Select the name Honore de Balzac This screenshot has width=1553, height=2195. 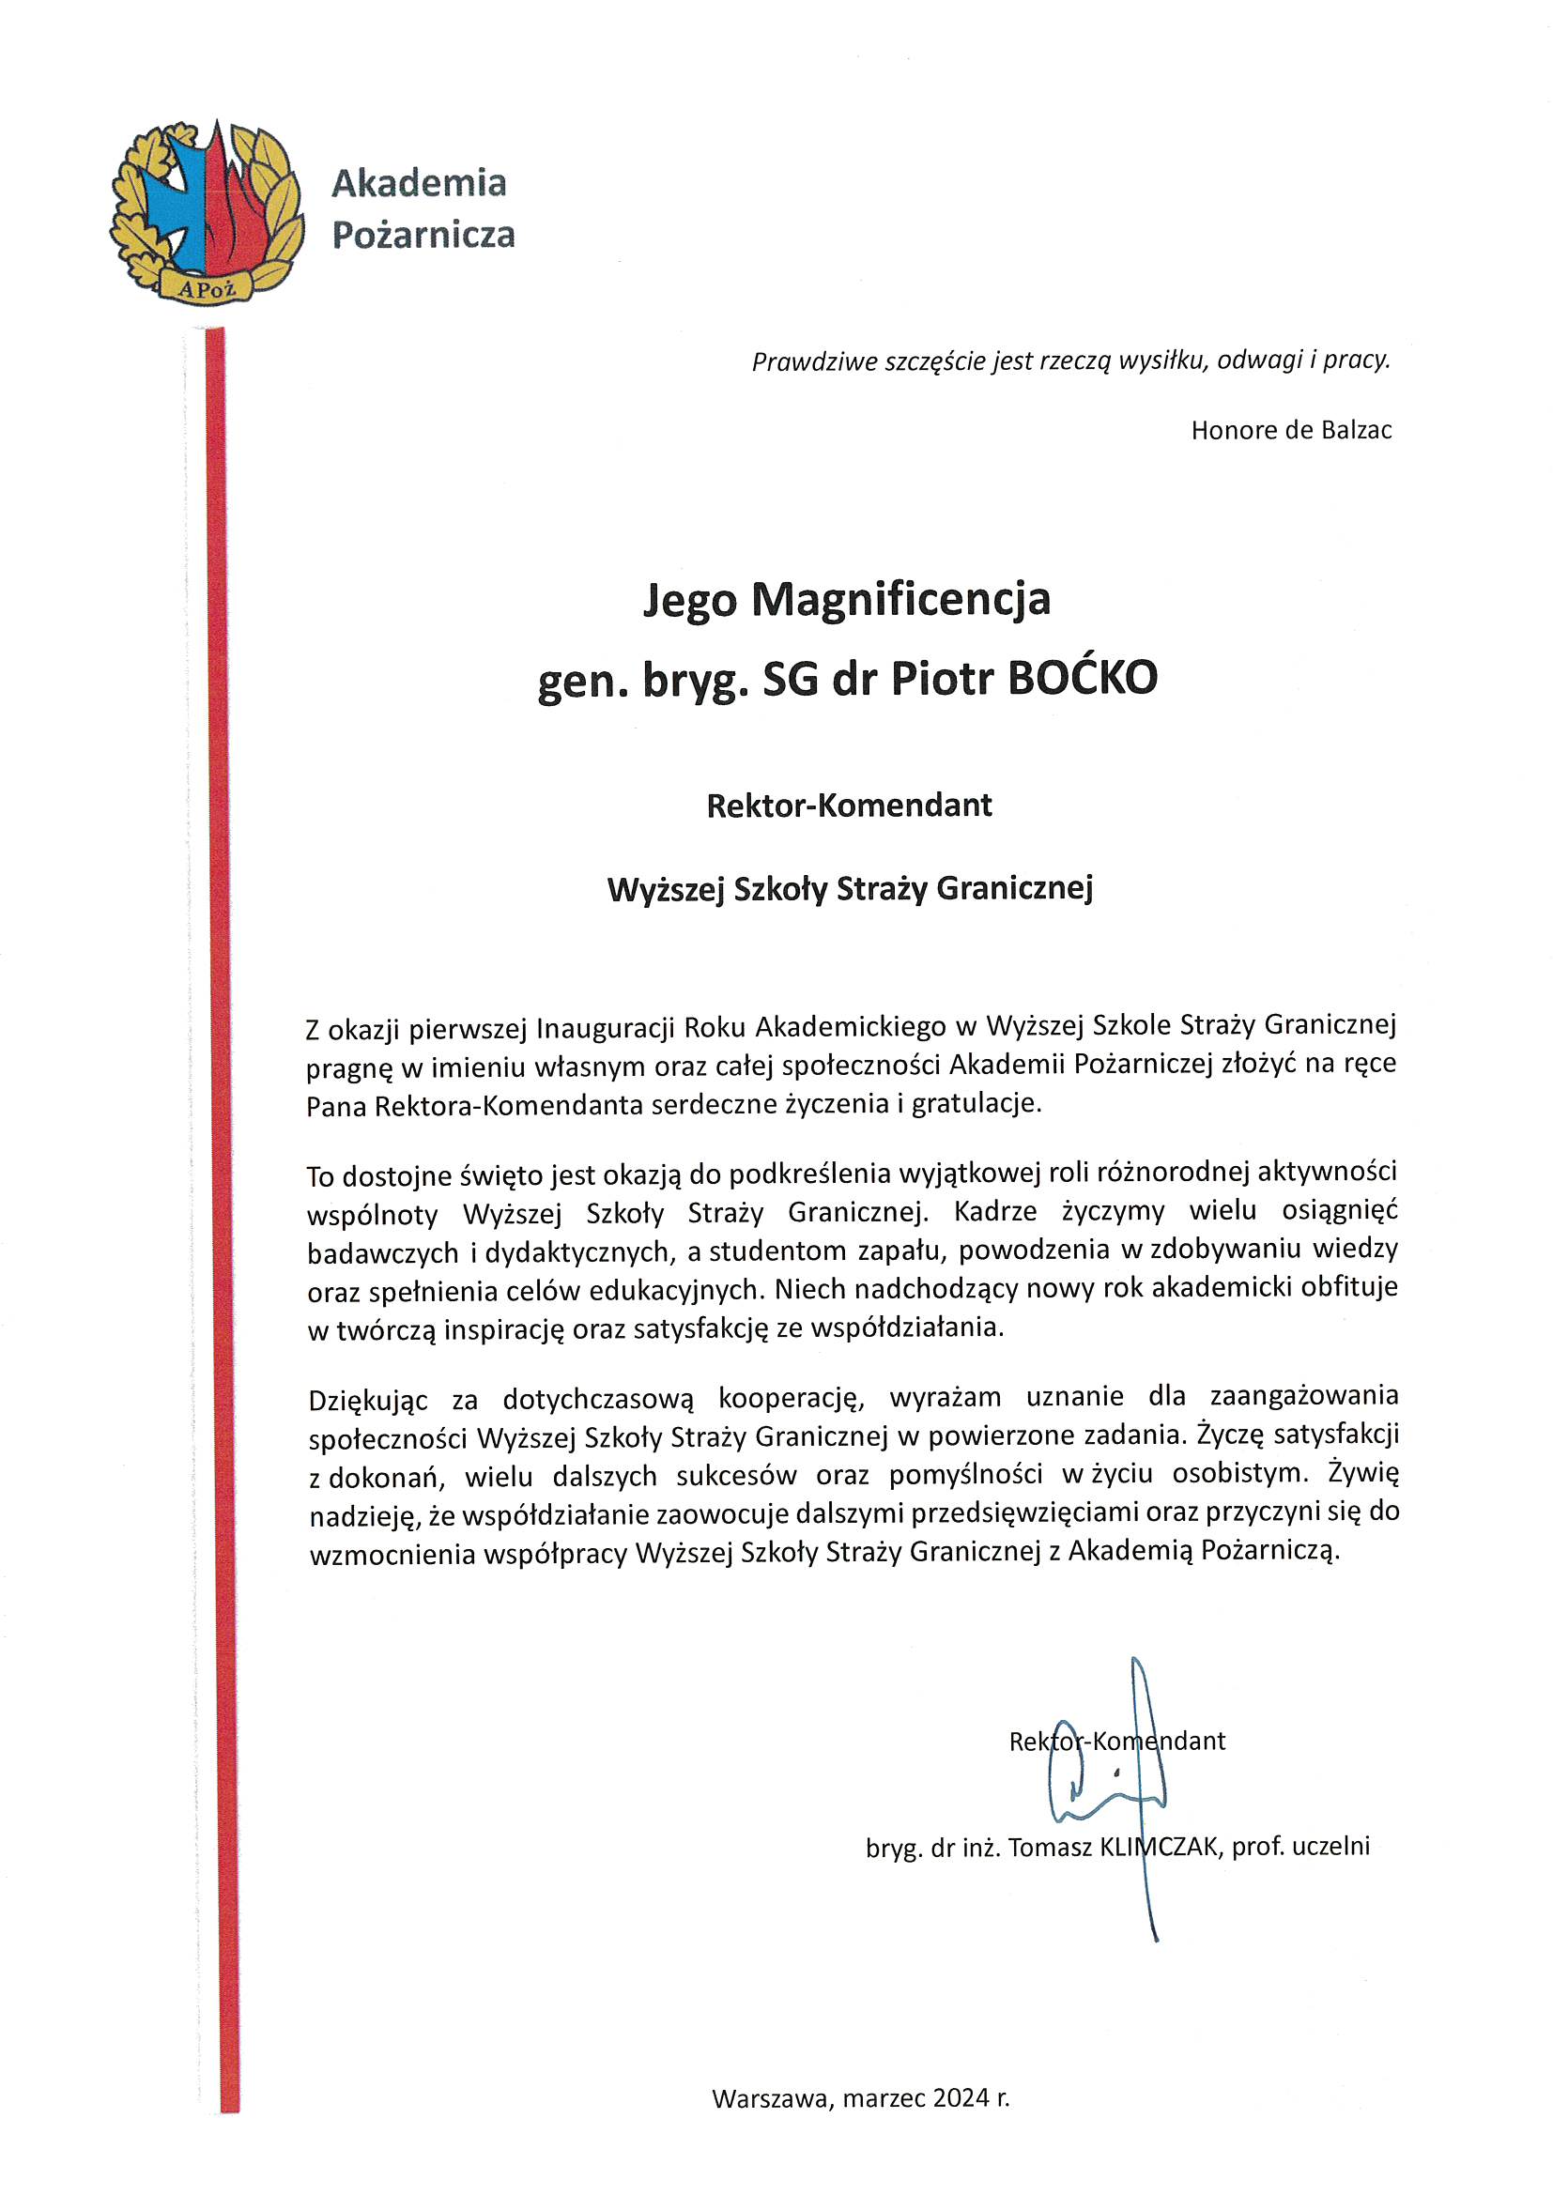pyautogui.click(x=1291, y=431)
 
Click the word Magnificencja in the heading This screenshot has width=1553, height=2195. pyautogui.click(x=900, y=600)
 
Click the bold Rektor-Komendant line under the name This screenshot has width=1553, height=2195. pyautogui.click(x=849, y=806)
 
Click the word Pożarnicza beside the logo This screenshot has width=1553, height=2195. pyautogui.click(x=423, y=235)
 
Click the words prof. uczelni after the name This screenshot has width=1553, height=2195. pyautogui.click(x=1300, y=1847)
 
